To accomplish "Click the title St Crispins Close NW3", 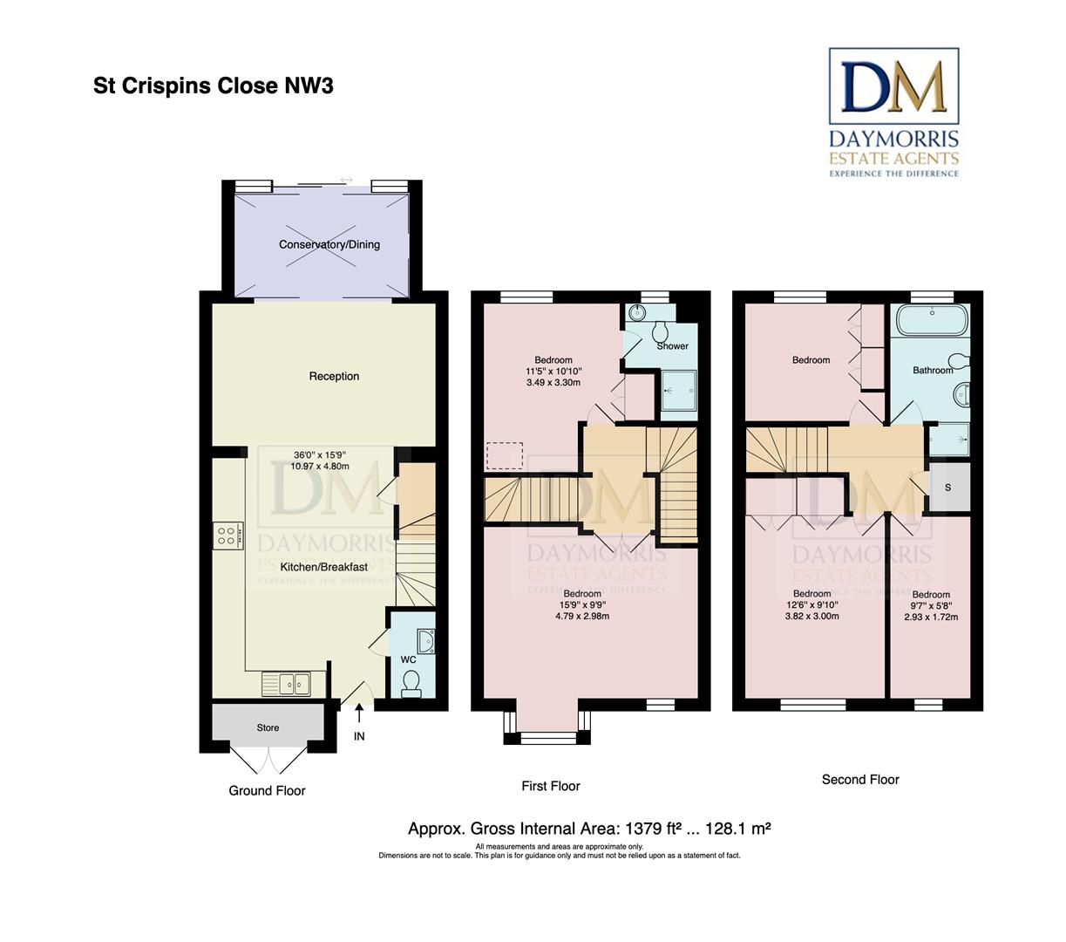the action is pos(213,85).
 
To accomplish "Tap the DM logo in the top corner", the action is pos(893,86).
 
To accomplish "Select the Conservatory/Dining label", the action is pos(329,244).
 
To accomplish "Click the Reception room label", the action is pos(334,376).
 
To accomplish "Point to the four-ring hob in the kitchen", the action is pos(227,536).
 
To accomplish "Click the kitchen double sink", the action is pos(286,685).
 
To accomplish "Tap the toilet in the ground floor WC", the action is pos(411,684).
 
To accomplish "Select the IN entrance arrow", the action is pos(359,714).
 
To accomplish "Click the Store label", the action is pos(268,727).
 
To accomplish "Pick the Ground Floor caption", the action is pos(267,790).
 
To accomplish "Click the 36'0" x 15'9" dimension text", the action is pos(320,455).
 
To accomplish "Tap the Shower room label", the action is pos(672,346).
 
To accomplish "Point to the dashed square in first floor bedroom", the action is pos(505,455).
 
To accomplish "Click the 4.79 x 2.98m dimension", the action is pos(582,616).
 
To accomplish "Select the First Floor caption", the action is pos(550,786).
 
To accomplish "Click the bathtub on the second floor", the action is pos(932,319).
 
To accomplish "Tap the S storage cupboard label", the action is pos(947,488).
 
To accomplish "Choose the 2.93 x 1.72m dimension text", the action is pos(931,617).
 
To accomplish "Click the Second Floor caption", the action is pos(860,779).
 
